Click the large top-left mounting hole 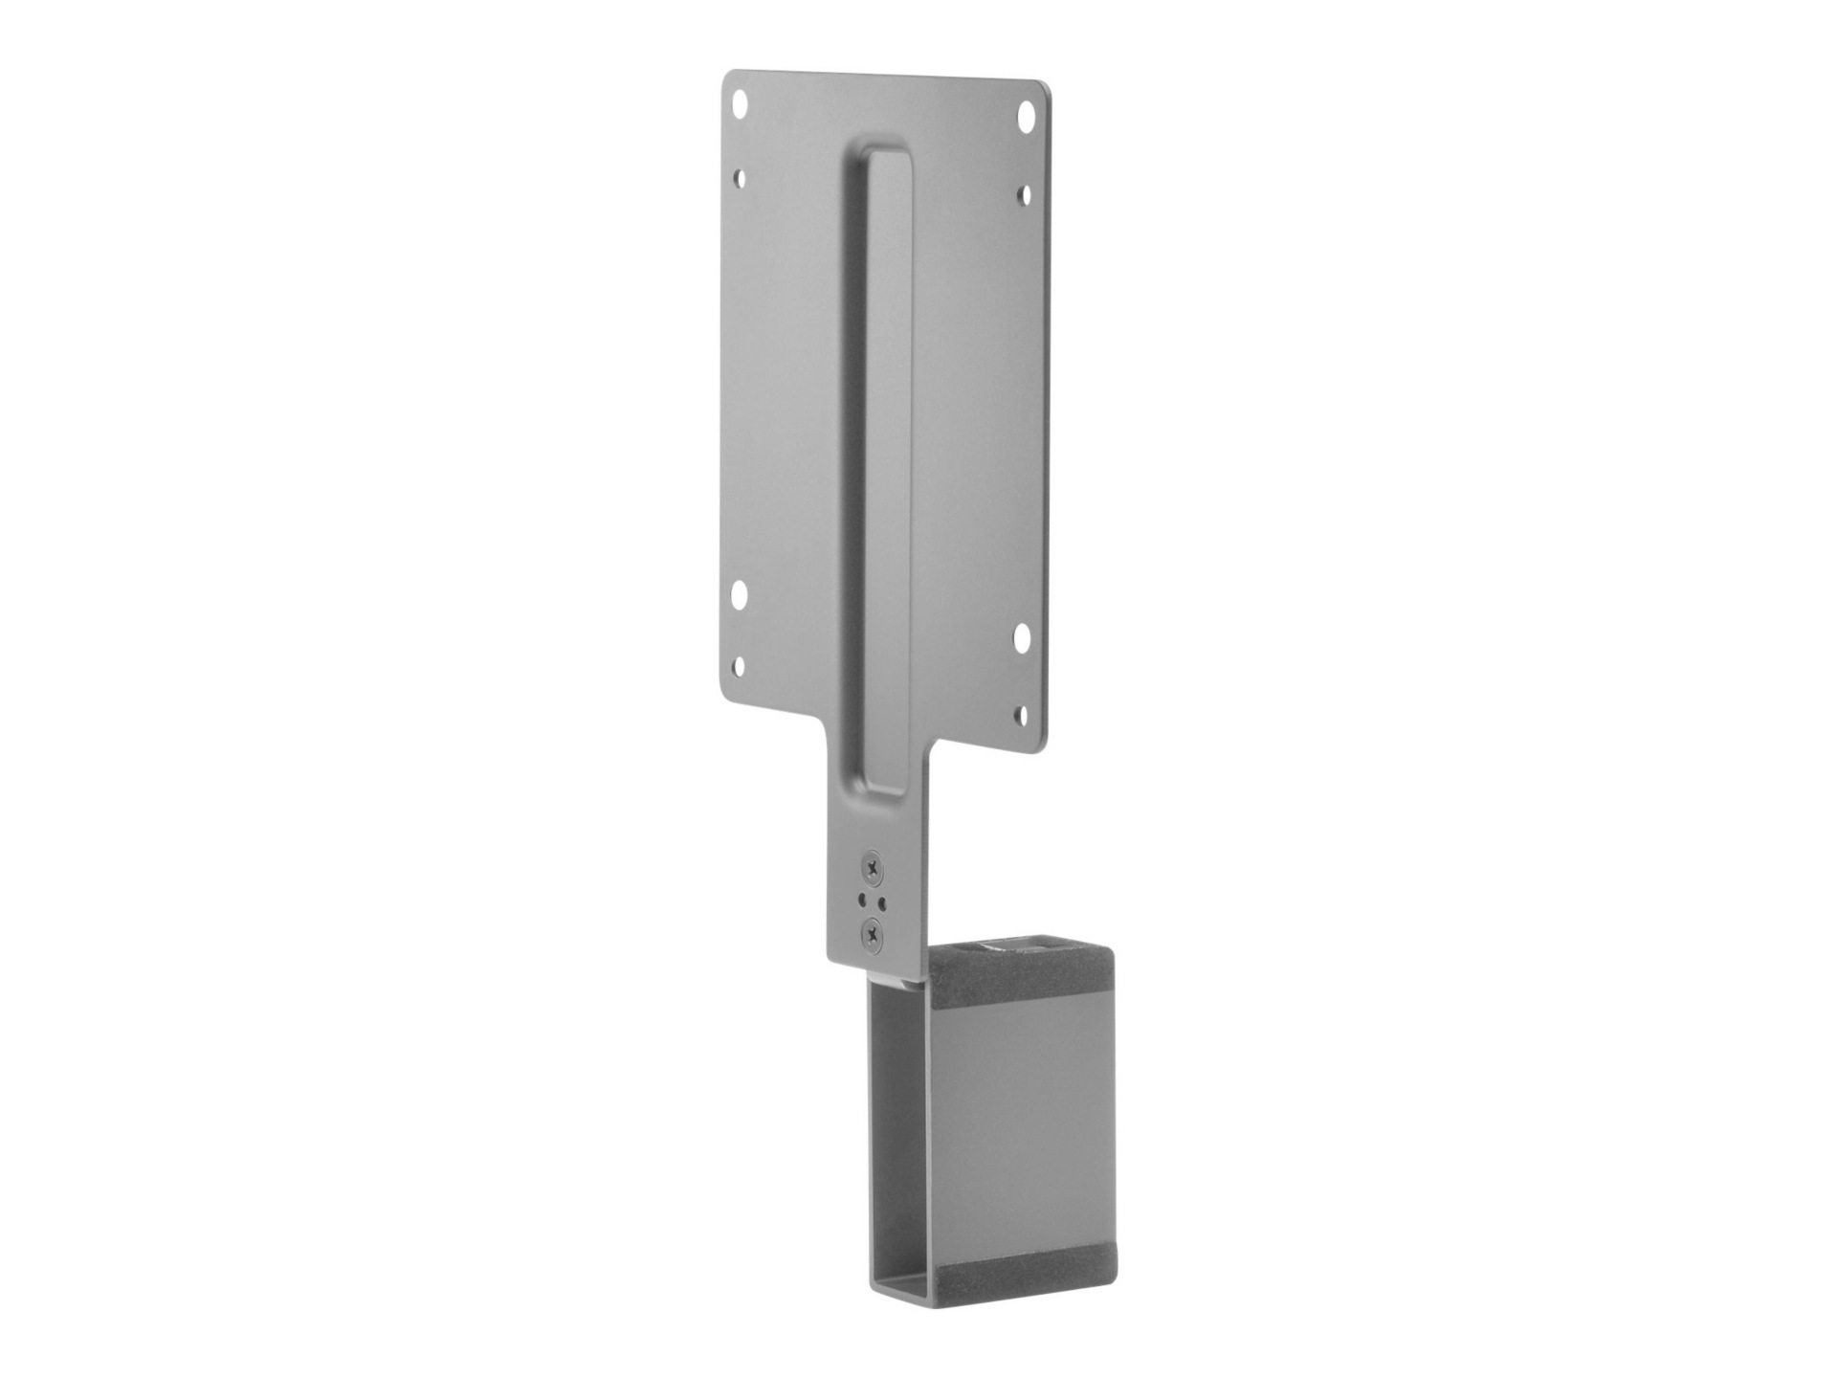coord(740,100)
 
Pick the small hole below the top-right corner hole coord(1024,194)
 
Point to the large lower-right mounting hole coord(1023,633)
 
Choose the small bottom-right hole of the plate coord(1022,714)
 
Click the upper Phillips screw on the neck coord(873,866)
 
